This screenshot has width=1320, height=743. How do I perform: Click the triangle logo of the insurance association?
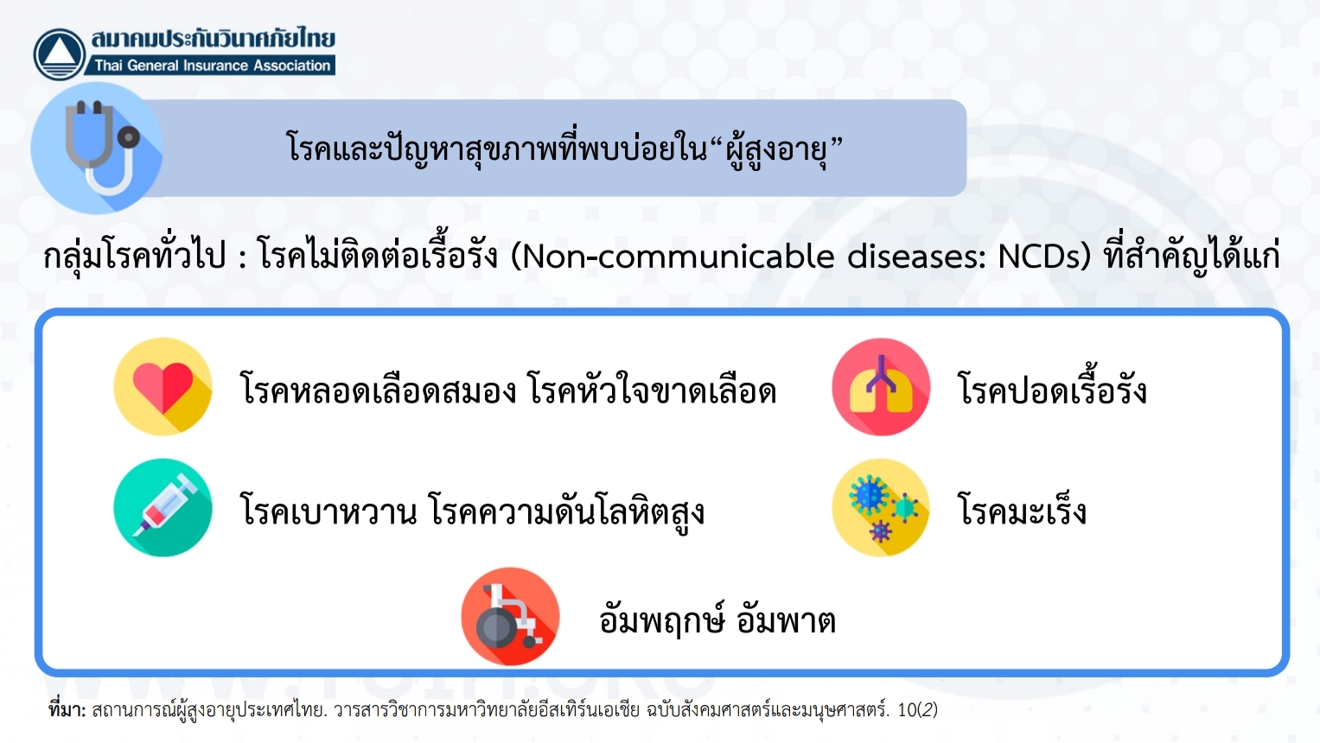click(60, 54)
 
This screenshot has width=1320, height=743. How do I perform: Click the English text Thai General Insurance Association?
click(213, 66)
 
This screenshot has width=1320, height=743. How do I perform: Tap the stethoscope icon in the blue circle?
click(104, 147)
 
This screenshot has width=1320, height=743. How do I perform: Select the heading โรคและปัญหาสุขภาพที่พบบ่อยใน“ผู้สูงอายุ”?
click(564, 149)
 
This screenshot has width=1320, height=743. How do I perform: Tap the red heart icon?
click(163, 387)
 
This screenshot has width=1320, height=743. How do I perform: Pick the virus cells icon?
click(881, 507)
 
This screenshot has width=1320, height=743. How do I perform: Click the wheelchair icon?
click(510, 616)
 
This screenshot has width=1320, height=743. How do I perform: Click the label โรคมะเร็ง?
click(1023, 509)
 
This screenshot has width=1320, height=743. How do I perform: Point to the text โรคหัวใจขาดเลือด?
click(653, 389)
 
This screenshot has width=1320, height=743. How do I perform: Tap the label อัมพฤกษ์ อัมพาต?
click(717, 619)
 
